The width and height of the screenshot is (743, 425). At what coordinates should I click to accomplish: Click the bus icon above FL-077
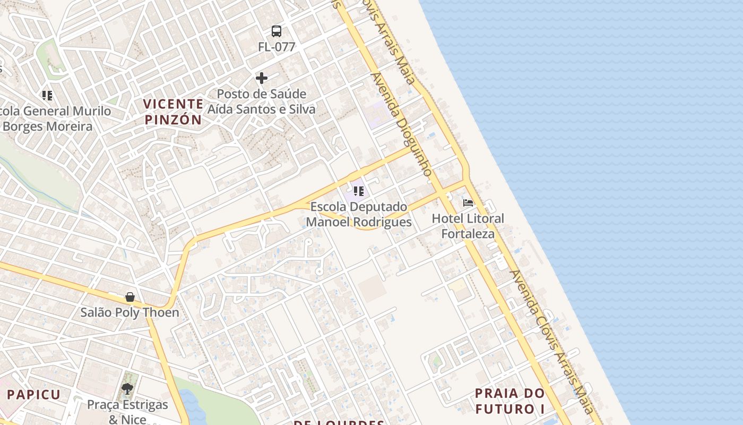[277, 31]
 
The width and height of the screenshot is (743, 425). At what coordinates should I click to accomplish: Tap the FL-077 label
[277, 47]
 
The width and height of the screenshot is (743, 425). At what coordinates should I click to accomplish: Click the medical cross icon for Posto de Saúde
[262, 79]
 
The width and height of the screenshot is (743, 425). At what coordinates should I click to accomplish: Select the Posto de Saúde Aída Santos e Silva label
[261, 101]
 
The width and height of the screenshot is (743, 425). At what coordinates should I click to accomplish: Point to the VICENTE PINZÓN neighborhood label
[174, 112]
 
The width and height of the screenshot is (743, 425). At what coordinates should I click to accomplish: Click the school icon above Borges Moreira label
[47, 96]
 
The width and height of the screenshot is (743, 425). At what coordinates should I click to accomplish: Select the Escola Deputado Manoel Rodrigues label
[359, 214]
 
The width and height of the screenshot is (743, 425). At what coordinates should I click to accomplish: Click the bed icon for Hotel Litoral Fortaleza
[468, 203]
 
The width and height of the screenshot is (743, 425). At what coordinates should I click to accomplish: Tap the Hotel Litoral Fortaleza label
[468, 226]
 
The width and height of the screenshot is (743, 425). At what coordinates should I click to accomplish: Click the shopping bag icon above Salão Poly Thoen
[130, 297]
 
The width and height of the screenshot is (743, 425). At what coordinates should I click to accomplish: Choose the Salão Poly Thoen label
[130, 312]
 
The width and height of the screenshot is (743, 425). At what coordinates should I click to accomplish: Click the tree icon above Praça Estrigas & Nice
[127, 389]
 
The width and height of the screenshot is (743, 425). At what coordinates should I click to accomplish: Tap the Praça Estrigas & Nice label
[127, 412]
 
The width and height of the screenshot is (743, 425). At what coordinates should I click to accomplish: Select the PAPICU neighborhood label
[34, 395]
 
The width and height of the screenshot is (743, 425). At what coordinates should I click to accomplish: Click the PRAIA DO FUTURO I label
[509, 401]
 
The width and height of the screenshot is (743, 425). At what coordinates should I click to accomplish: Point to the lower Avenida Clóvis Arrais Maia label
[551, 341]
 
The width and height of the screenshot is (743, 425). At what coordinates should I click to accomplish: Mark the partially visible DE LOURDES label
[339, 422]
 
